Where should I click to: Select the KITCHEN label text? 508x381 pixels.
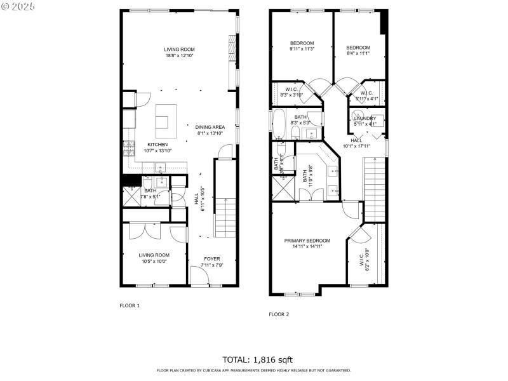(x=157, y=144)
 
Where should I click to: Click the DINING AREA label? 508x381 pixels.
(x=210, y=126)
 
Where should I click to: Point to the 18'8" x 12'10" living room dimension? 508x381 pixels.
(x=179, y=56)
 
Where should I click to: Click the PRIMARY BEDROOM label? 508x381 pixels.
(x=307, y=240)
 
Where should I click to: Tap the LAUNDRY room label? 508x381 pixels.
(x=365, y=118)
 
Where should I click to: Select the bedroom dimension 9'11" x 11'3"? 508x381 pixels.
(x=302, y=50)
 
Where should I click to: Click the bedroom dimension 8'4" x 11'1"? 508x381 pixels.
(x=358, y=54)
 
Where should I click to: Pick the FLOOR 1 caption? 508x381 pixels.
(x=130, y=305)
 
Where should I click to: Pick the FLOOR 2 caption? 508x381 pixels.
(x=279, y=314)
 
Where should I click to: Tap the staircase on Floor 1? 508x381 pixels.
(x=224, y=216)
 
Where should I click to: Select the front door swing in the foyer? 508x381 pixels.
(x=200, y=276)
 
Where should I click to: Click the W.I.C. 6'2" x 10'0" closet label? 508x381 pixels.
(x=361, y=260)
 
